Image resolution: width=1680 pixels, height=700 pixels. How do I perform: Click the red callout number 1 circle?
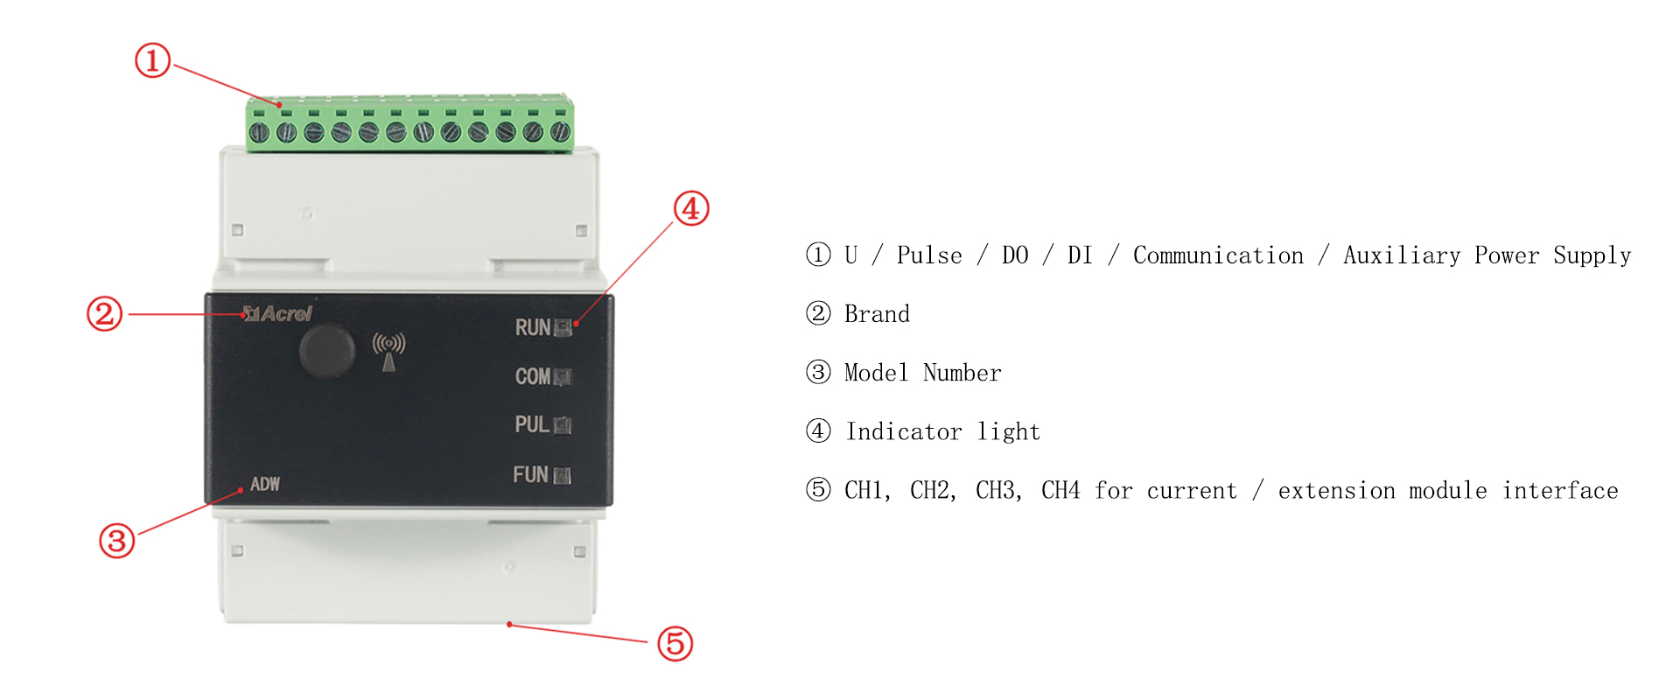pos(152,60)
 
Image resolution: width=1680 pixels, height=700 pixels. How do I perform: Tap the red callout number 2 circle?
pos(104,314)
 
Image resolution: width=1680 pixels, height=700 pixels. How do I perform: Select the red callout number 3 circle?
pos(116,541)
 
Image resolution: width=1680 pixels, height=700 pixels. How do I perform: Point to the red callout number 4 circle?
pos(691,208)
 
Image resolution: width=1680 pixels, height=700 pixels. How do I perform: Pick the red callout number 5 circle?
pos(675,643)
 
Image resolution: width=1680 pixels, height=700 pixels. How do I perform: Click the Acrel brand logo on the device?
pos(277,313)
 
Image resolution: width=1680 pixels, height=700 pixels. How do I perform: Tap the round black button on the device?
pos(327,349)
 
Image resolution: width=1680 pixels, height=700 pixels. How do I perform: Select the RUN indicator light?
pos(563,328)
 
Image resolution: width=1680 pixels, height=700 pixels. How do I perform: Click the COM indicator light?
pos(563,377)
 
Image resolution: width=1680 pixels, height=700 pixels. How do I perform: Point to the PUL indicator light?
pos(563,425)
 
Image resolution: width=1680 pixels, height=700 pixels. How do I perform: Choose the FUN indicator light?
pos(562,476)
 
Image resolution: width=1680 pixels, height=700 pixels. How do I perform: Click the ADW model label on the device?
pos(265,484)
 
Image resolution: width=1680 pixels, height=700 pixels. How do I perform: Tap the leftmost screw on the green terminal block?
pos(259,133)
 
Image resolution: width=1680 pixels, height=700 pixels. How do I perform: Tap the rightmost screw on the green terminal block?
pos(560,132)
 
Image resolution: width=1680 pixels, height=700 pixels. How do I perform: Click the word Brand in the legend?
pos(877,314)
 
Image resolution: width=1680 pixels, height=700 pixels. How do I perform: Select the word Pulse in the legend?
pos(929,255)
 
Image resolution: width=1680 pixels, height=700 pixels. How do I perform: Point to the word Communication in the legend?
pos(1218,255)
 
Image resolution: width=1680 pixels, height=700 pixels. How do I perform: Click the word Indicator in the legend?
pos(904,431)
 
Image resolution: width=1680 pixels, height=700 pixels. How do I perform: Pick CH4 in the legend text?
pos(1060,490)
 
